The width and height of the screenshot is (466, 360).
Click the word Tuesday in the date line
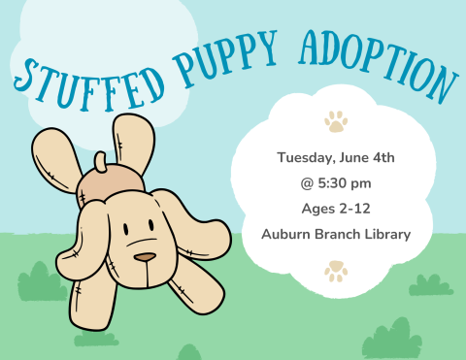(x=308, y=157)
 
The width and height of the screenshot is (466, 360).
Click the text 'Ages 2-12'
(x=335, y=208)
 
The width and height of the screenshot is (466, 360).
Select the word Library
(x=383, y=234)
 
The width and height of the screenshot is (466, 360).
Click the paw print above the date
(x=336, y=122)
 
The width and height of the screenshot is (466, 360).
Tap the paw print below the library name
(x=336, y=270)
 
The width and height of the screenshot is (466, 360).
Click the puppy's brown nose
(x=144, y=258)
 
